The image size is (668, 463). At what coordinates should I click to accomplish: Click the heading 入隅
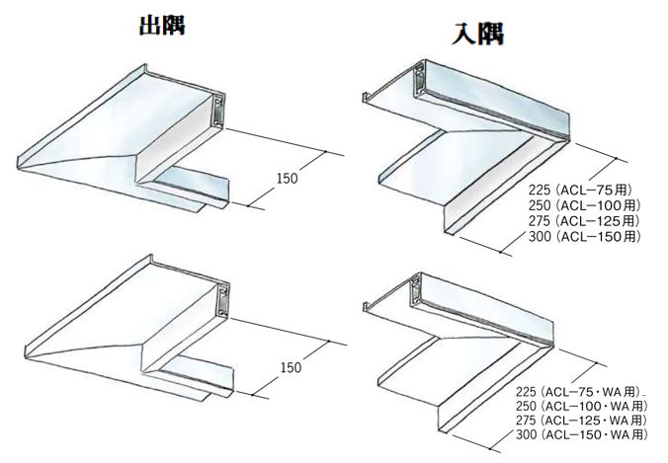[478, 34]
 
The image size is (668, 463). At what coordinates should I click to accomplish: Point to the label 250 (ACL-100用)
[583, 204]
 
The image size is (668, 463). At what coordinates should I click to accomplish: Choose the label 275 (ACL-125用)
[583, 221]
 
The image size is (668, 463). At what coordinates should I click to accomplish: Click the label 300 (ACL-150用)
[583, 238]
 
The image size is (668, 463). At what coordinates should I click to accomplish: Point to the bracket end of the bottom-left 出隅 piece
[223, 297]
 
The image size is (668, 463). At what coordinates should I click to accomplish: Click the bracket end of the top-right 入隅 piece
[422, 73]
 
